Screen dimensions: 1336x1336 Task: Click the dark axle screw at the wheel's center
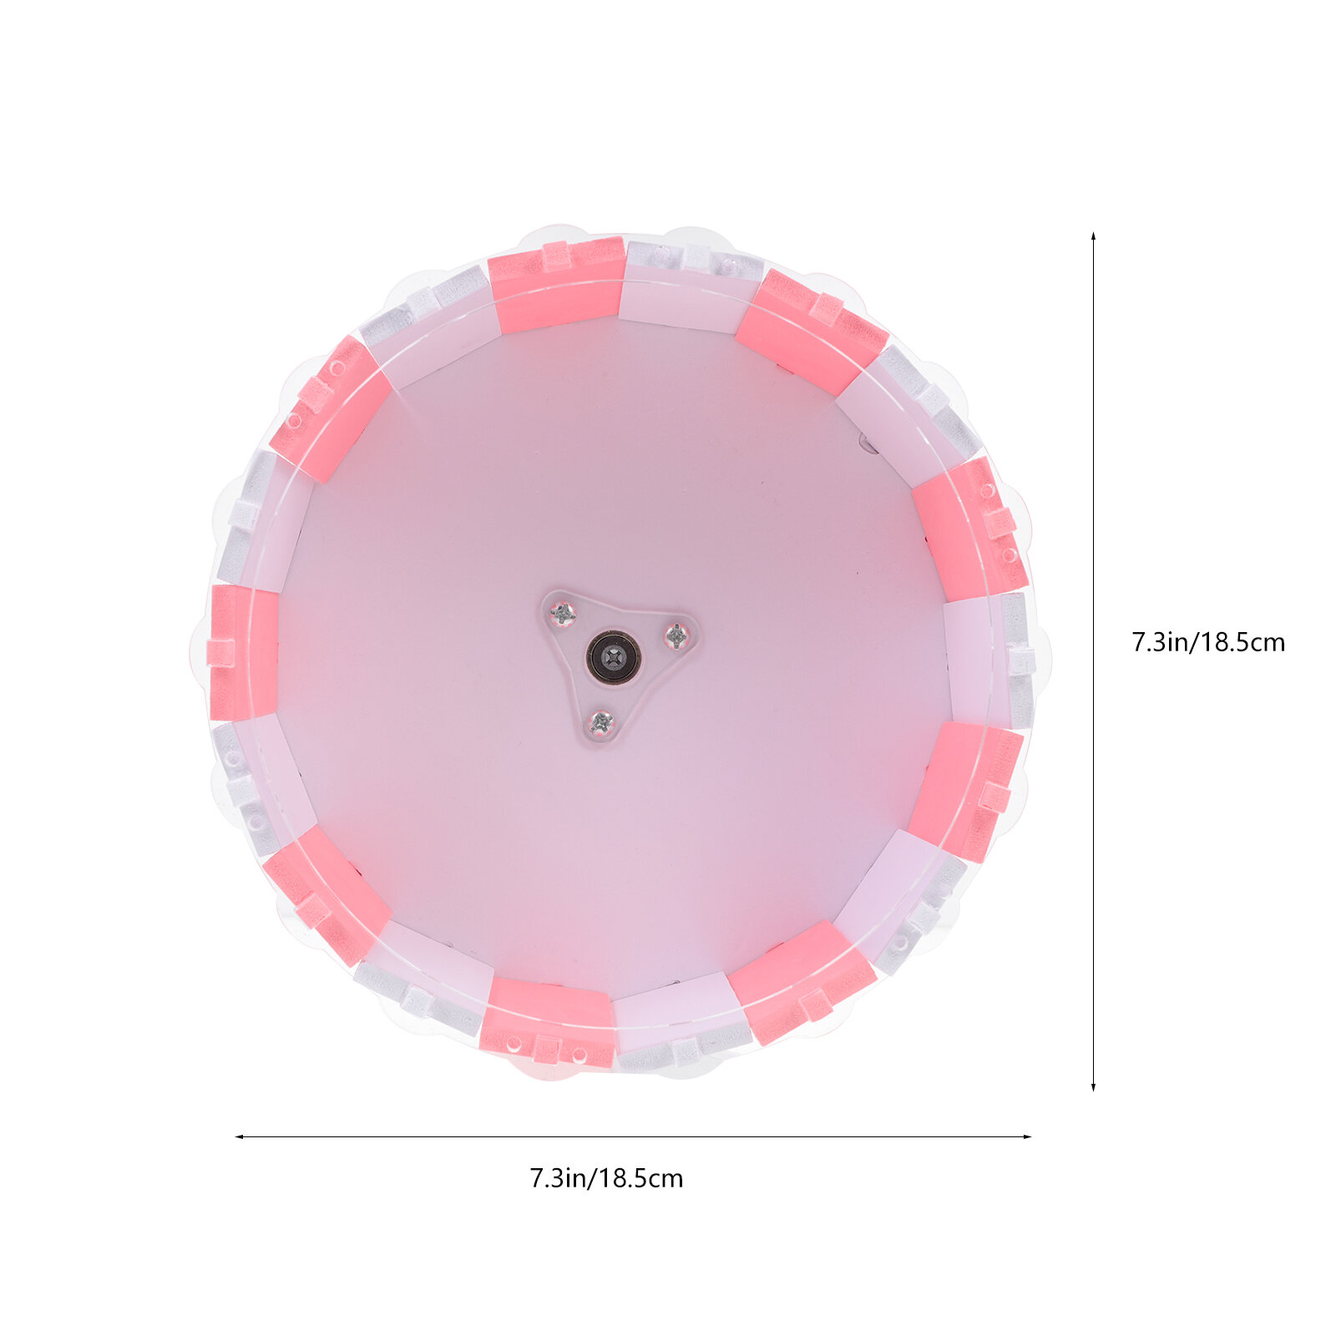point(614,656)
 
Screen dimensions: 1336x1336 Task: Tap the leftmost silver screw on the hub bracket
point(564,615)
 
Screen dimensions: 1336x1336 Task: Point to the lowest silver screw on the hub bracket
point(601,722)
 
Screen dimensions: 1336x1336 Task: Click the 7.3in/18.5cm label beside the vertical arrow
point(1208,642)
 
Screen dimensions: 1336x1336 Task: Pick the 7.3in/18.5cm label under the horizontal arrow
point(606,1178)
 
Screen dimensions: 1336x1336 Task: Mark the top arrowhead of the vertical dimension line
point(1093,238)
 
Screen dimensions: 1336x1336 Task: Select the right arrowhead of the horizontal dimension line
point(1026,1136)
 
